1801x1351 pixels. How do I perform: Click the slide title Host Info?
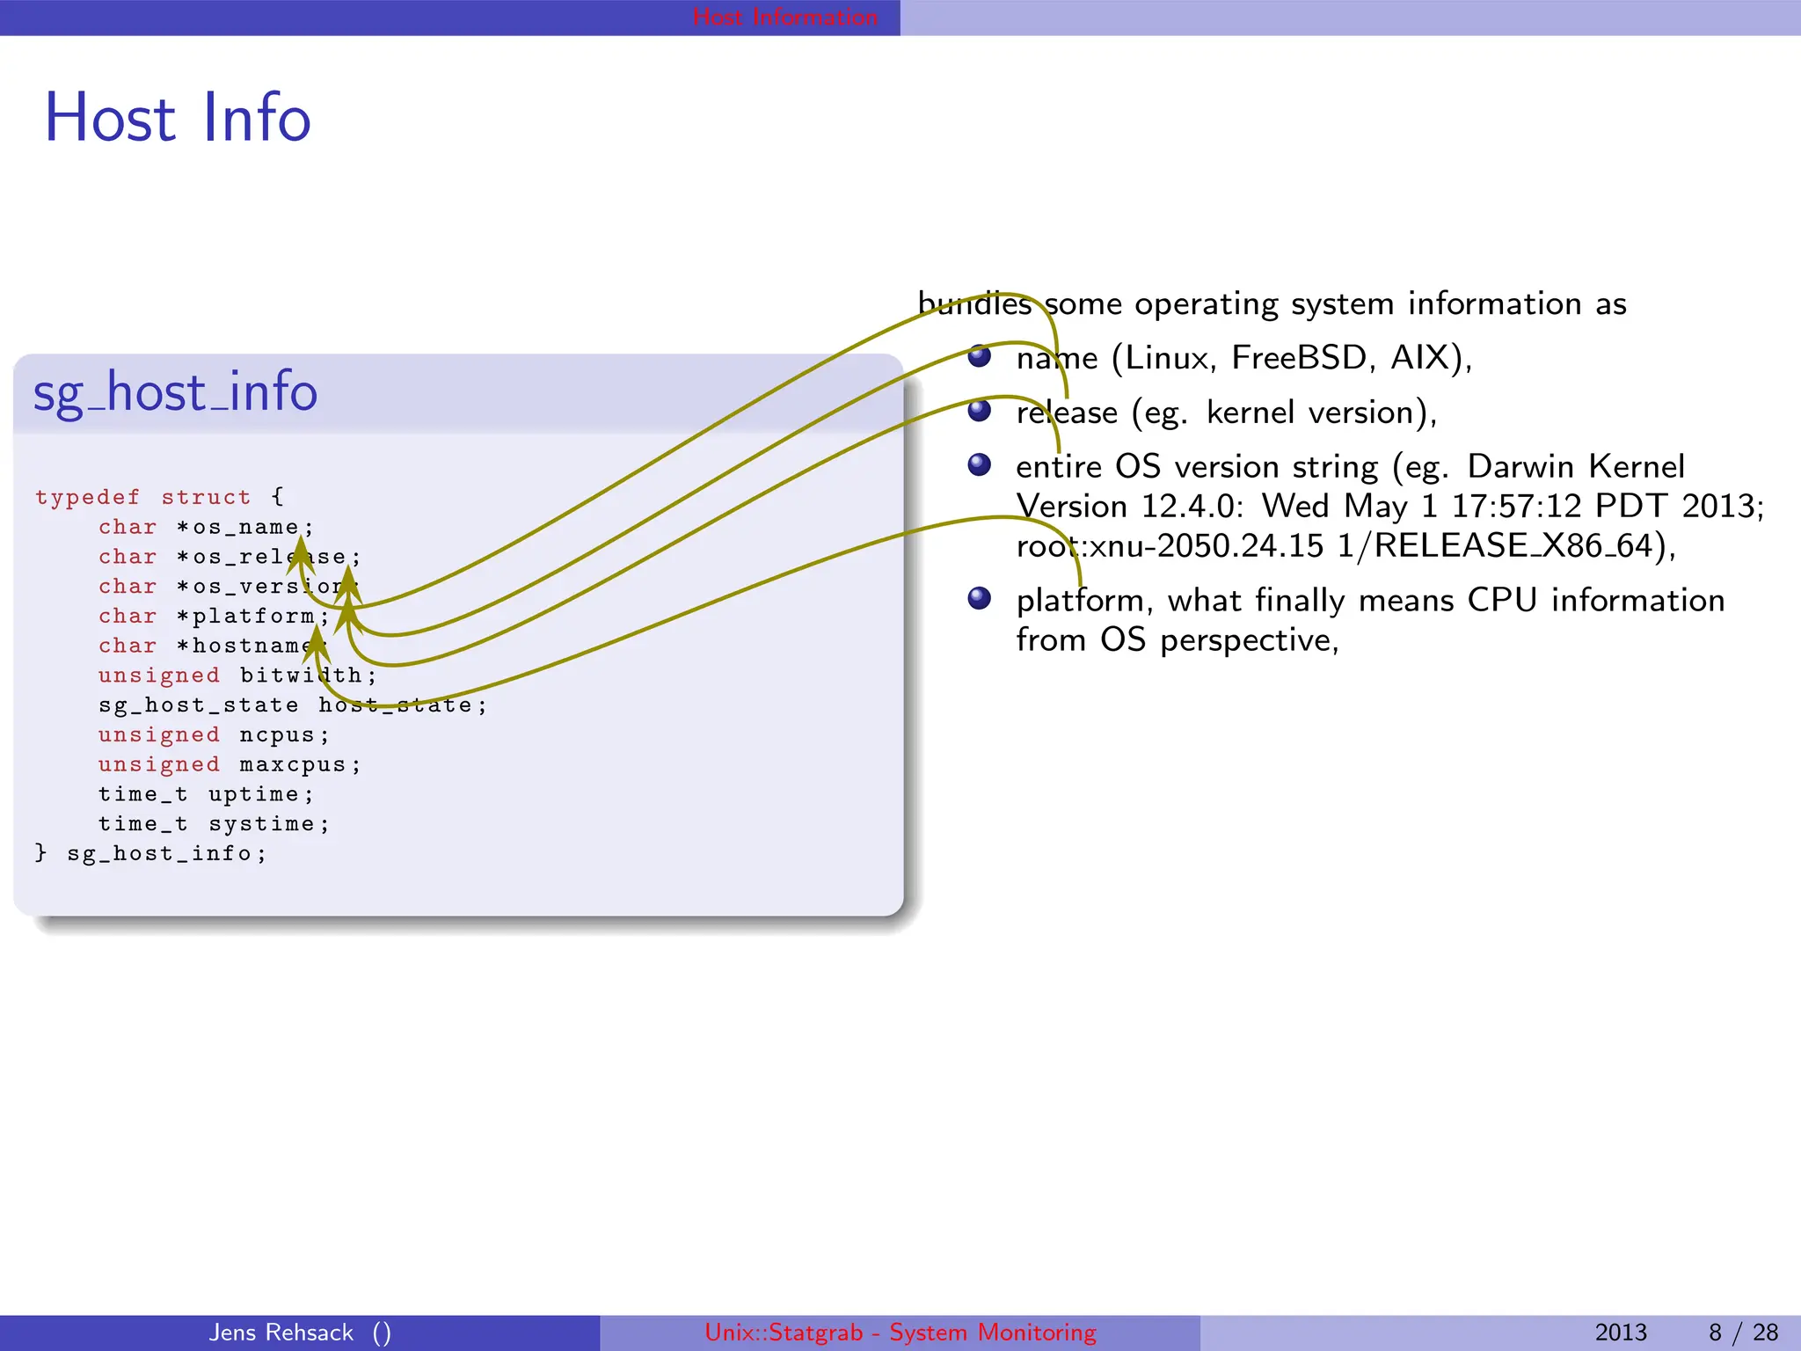[x=178, y=118]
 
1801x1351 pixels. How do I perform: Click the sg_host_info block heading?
[x=175, y=392]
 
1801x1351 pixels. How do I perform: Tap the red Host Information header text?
[x=784, y=17]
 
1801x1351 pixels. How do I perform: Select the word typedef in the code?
[x=87, y=497]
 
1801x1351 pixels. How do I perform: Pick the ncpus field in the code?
[x=277, y=734]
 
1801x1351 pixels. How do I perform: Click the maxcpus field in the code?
[x=293, y=764]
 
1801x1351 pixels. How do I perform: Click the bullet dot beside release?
[x=979, y=410]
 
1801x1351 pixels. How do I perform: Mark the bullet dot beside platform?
[x=979, y=598]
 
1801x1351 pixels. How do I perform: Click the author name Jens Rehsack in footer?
[x=281, y=1333]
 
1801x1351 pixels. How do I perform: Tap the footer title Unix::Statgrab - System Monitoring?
[x=900, y=1333]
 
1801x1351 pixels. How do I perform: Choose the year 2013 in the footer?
[x=1620, y=1333]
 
